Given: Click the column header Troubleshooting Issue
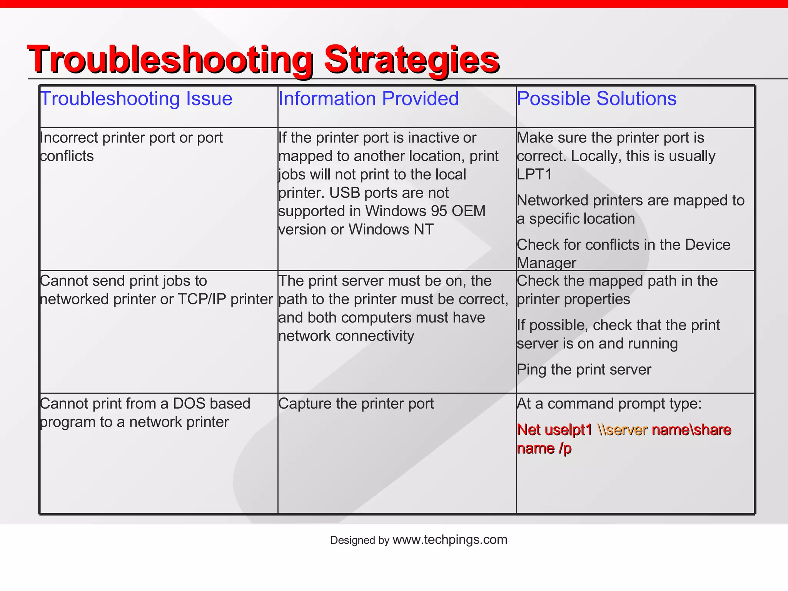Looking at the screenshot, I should pyautogui.click(x=136, y=98).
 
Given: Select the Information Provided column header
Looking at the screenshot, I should pyautogui.click(x=368, y=98).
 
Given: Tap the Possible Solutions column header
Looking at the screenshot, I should pyautogui.click(x=596, y=98).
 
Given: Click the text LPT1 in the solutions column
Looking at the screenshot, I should pyautogui.click(x=534, y=174).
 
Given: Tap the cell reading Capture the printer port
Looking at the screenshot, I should pyautogui.click(x=356, y=404).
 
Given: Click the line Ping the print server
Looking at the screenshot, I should pyautogui.click(x=584, y=370).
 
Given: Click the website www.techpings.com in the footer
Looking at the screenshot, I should pyautogui.click(x=449, y=539).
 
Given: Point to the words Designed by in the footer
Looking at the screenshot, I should pyautogui.click(x=359, y=540).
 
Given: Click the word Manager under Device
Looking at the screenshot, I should pyautogui.click(x=546, y=263).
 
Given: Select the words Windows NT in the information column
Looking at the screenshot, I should pyautogui.click(x=391, y=229).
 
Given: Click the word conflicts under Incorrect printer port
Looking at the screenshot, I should pyautogui.click(x=67, y=156).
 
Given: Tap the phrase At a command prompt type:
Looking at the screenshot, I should pyautogui.click(x=609, y=404).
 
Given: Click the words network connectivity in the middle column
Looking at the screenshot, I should pyautogui.click(x=346, y=336).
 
